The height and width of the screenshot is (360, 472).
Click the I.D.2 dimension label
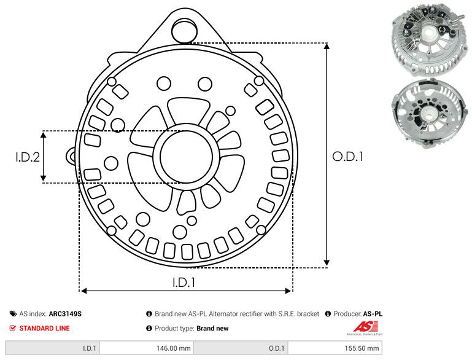click(x=28, y=157)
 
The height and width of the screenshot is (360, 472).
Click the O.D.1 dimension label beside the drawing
click(x=348, y=157)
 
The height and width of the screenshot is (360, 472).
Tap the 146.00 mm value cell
click(x=174, y=348)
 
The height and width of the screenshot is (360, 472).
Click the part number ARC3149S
click(x=65, y=313)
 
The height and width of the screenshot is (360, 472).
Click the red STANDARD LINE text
click(x=44, y=328)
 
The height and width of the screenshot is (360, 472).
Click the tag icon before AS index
click(x=14, y=313)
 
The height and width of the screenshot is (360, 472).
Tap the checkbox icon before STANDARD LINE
click(x=14, y=328)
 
